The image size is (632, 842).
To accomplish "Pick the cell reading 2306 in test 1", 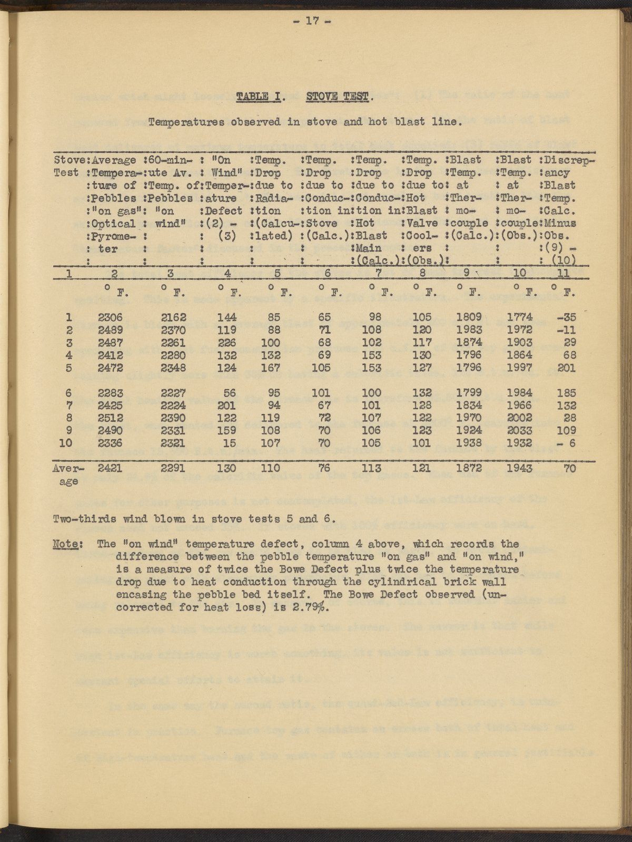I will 110,317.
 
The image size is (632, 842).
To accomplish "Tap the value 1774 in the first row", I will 519,317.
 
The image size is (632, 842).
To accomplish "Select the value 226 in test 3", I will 227,343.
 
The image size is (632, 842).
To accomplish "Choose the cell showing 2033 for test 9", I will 519,430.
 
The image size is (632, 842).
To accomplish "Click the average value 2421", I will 110,468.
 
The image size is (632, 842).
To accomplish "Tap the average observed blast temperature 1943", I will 519,468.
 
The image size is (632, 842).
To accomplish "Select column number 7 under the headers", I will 378,273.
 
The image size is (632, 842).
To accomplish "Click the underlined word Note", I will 66,544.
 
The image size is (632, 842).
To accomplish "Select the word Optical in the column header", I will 114,223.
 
